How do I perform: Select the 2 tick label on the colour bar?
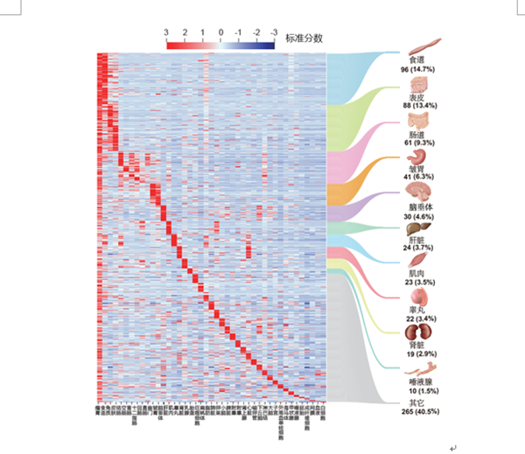point(185,31)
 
